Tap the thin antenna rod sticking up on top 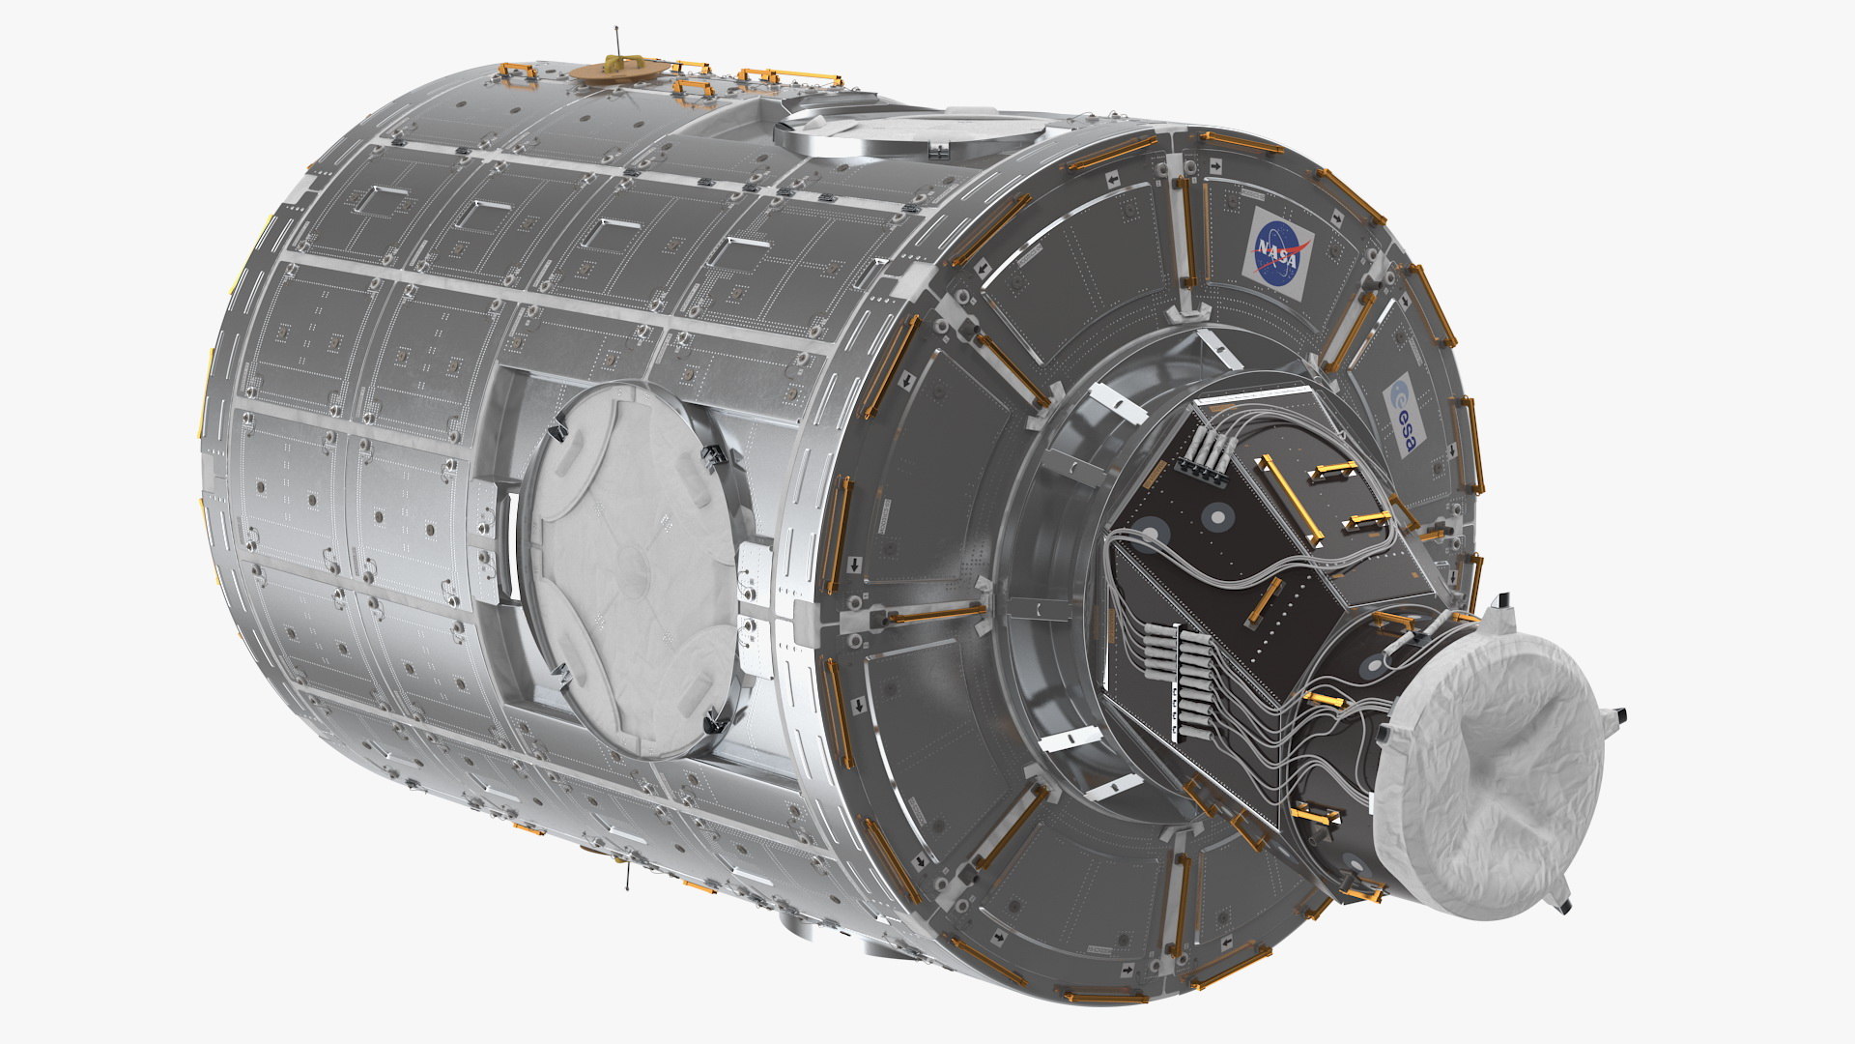click(x=615, y=43)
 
